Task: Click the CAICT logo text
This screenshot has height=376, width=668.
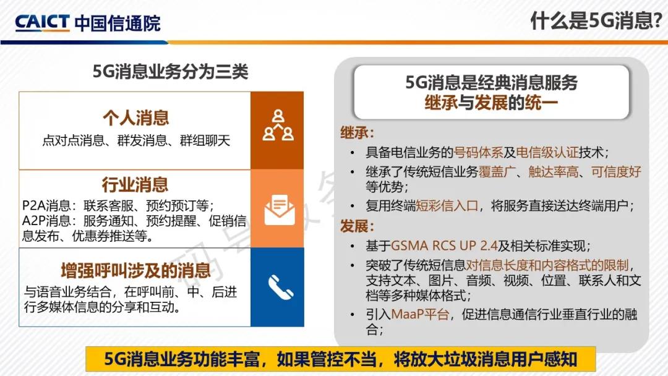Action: (42, 22)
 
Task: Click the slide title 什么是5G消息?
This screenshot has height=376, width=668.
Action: (596, 20)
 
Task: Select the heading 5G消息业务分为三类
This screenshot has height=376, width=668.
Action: (171, 72)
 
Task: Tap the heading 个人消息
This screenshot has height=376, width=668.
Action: (135, 118)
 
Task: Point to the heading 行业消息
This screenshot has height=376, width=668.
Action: (135, 185)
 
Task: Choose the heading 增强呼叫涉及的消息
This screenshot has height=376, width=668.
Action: (135, 270)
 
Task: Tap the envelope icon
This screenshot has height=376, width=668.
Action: (279, 210)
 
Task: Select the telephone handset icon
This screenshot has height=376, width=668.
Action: (281, 288)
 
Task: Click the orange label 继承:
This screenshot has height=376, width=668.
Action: (357, 133)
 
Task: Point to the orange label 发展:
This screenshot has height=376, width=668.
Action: (357, 226)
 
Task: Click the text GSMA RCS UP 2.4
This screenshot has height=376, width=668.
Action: (444, 246)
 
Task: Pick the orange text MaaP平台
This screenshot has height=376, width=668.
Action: (419, 314)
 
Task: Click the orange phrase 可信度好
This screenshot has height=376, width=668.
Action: (616, 171)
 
